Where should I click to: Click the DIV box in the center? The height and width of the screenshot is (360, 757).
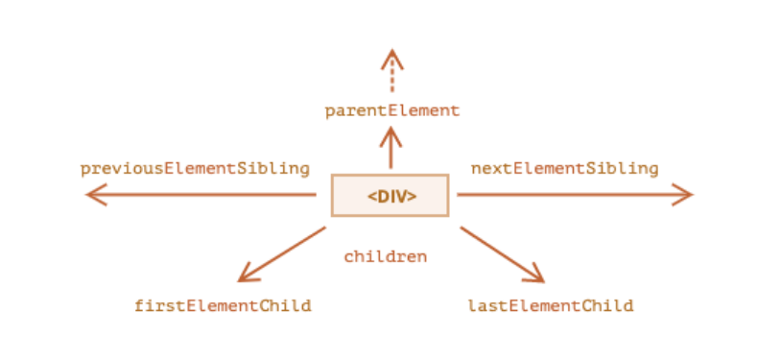390,195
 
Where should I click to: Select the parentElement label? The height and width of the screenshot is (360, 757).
391,110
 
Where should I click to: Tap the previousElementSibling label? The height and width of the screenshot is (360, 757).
195,168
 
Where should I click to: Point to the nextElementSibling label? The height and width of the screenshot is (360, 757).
564,168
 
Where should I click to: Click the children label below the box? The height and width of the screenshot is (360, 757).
385,256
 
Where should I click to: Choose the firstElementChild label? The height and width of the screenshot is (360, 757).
223,306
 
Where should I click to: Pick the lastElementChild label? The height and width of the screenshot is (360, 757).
551,306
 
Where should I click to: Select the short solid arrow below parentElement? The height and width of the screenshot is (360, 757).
390,149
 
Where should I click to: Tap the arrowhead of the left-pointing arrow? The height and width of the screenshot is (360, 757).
93,196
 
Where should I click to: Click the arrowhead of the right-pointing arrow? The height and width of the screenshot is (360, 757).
684,196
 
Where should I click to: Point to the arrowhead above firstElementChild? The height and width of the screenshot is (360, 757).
245,276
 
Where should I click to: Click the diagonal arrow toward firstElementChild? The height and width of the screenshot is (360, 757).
284,252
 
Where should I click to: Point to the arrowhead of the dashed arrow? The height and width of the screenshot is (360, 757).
390,57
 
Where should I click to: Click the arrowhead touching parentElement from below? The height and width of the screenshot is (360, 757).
390,133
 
